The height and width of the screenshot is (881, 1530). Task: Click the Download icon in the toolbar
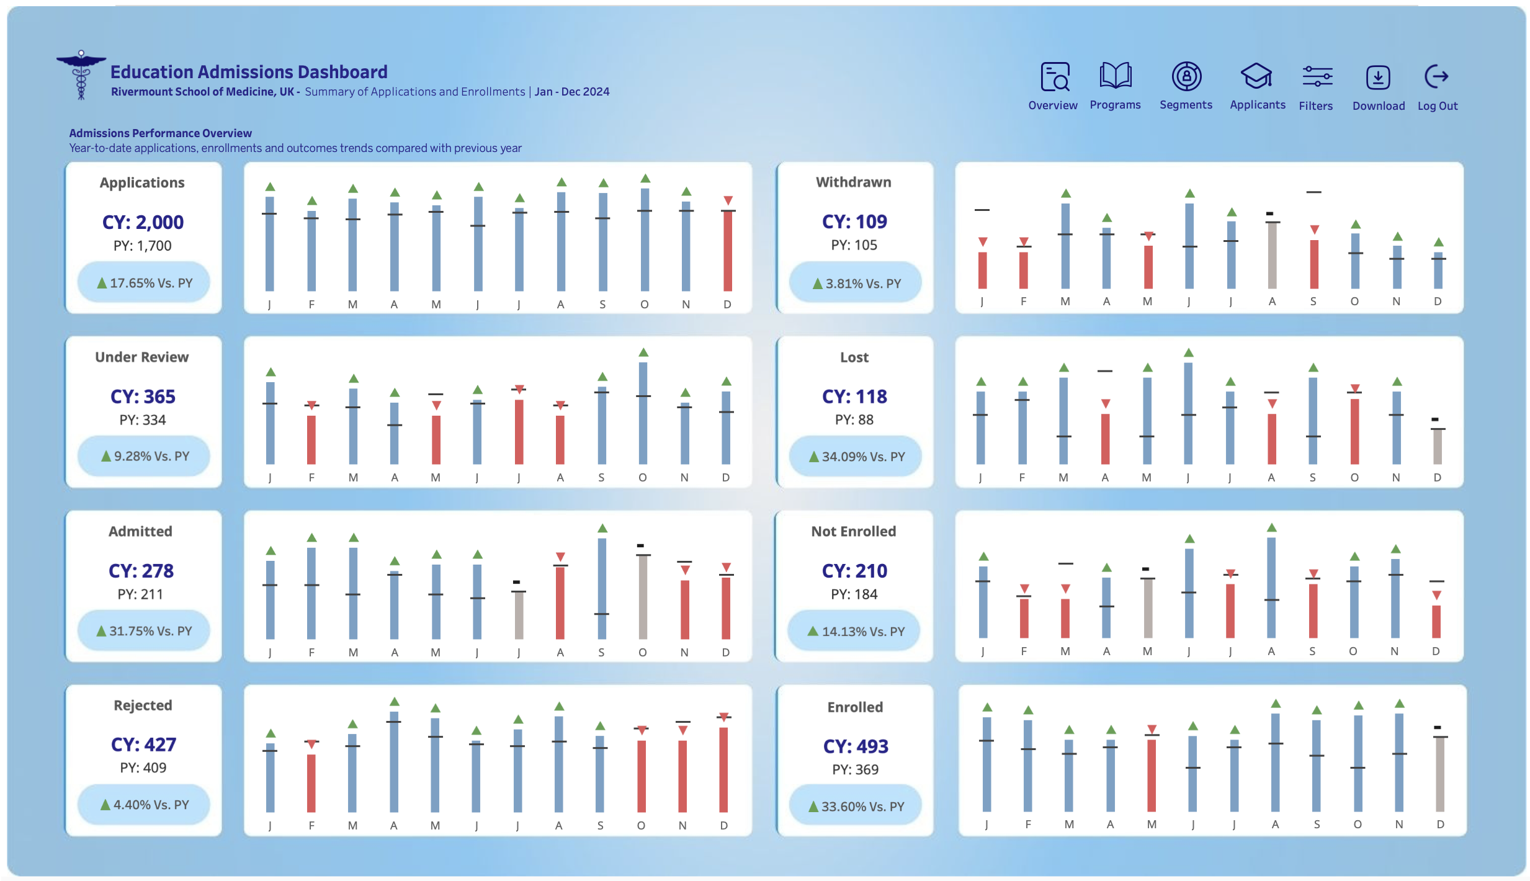1377,78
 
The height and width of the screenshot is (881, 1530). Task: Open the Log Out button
1436,78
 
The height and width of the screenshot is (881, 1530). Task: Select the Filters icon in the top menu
1317,78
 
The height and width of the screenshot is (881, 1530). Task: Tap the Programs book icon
1115,77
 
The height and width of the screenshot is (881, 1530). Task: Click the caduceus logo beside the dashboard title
81,74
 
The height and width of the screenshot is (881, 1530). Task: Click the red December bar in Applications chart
727,251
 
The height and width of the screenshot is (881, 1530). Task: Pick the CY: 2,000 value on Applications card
143,222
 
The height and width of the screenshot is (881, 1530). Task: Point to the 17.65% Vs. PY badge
144,283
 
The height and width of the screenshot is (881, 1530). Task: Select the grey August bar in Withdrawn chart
1272,255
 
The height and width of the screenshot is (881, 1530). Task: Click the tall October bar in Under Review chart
643,413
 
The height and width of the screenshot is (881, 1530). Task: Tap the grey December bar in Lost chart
1437,446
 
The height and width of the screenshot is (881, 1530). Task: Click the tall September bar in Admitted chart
601,588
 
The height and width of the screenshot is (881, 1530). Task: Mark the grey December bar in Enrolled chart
1439,774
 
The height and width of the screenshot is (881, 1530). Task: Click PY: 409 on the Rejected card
143,767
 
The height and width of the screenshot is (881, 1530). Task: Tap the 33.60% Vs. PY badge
856,806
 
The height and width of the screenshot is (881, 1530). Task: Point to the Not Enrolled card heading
854,531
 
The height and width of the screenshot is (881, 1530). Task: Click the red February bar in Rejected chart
311,782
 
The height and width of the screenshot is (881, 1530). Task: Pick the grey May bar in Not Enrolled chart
1148,607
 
